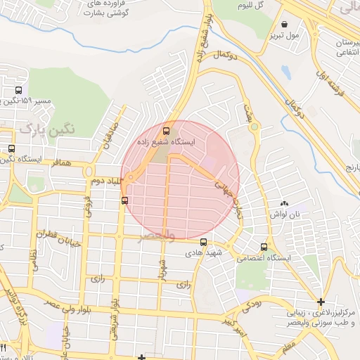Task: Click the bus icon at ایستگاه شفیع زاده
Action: click(167, 130)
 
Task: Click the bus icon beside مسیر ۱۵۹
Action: click(18, 90)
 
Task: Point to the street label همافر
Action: click(62, 162)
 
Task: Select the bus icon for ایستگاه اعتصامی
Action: click(264, 247)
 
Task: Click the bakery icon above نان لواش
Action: click(285, 202)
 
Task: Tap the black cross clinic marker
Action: click(321, 301)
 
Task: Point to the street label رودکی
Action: click(251, 304)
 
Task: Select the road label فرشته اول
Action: click(321, 77)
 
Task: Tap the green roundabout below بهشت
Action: click(254, 128)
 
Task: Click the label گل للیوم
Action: click(269, 5)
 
